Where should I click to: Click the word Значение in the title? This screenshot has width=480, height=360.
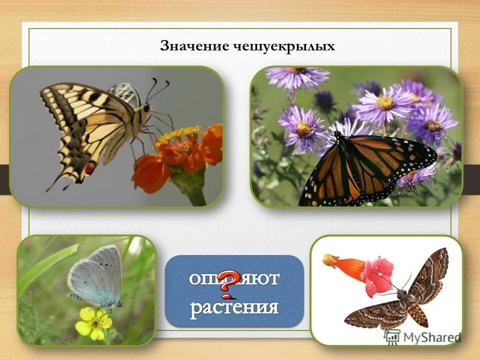tap(194, 46)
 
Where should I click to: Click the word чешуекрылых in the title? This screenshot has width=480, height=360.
tap(283, 47)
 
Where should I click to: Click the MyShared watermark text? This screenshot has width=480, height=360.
tap(430, 337)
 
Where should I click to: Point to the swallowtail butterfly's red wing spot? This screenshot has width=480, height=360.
tap(90, 168)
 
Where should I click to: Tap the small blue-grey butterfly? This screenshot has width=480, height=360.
tap(97, 277)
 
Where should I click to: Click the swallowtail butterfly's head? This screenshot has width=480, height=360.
tap(146, 107)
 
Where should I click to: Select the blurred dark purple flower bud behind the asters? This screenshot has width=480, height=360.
tap(325, 100)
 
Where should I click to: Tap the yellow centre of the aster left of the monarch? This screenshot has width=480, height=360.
tap(304, 128)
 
